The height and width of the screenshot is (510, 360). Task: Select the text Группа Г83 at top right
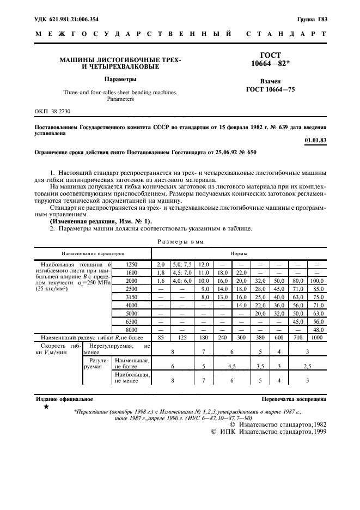coord(312,20)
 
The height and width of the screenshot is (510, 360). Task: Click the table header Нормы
coord(237,253)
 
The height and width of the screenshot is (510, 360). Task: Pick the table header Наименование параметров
coord(93,253)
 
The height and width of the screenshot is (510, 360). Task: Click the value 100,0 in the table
coord(317,280)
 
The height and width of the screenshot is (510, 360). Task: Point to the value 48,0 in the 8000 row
coord(317,330)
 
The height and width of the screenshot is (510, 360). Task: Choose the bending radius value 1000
coord(317,338)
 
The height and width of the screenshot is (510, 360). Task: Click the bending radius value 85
coord(160,338)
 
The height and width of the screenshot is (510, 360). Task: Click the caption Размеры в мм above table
coord(180,241)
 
